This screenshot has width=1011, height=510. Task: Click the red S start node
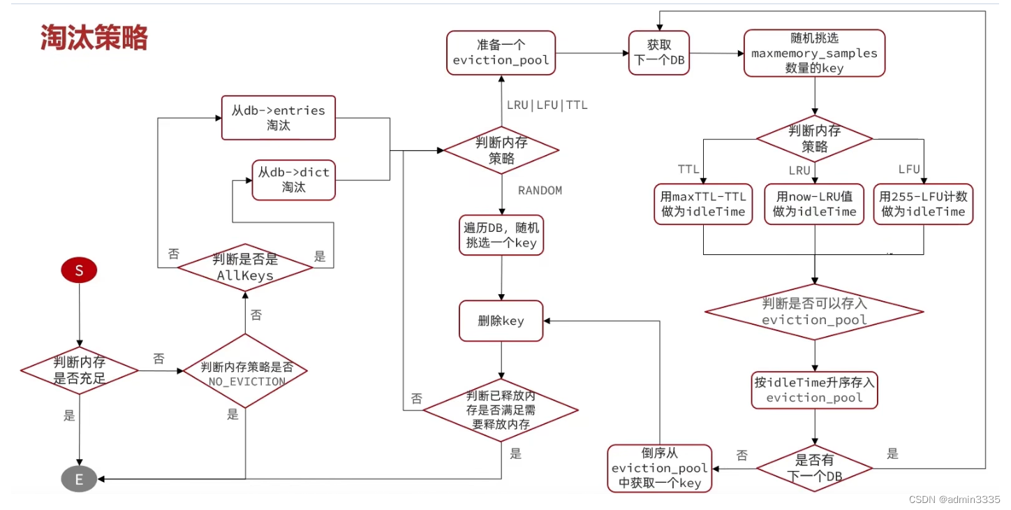[79, 271]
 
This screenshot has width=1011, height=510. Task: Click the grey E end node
[79, 479]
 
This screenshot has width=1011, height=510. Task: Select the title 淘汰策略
[94, 38]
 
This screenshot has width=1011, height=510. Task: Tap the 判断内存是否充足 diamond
[79, 370]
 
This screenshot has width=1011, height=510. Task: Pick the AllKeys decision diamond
[245, 266]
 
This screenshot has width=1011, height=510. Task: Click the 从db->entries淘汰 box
[278, 117]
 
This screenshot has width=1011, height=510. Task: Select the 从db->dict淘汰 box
[293, 180]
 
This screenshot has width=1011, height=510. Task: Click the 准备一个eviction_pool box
[501, 52]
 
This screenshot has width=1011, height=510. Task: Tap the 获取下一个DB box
[658, 52]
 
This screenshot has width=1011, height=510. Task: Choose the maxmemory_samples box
[814, 53]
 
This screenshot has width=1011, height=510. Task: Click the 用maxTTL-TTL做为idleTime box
[703, 204]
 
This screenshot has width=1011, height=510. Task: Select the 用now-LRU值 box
[814, 204]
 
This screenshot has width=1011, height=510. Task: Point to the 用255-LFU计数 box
[923, 204]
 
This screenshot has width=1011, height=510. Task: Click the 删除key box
[501, 321]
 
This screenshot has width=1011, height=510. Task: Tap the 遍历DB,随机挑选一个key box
[501, 235]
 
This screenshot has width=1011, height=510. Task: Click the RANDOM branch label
[540, 191]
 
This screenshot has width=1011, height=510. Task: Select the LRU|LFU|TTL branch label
[547, 105]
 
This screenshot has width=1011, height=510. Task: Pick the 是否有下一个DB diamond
[814, 468]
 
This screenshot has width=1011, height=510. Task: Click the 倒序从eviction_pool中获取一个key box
[660, 467]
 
